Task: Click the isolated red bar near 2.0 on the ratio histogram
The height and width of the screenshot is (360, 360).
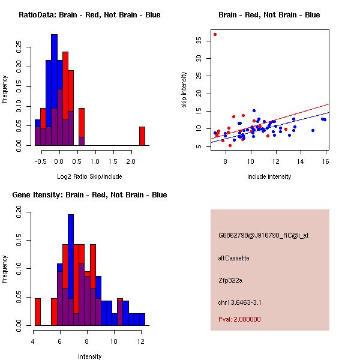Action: [142, 136]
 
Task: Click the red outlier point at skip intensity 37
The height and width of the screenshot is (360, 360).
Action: [215, 34]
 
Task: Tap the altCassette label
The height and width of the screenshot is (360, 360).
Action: [234, 258]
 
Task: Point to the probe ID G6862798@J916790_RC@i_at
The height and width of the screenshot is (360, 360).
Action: [263, 236]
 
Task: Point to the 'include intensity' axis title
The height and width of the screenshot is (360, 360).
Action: [269, 176]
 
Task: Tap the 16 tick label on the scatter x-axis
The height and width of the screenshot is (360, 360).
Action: [325, 161]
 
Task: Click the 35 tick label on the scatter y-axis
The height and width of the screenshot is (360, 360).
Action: [198, 41]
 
